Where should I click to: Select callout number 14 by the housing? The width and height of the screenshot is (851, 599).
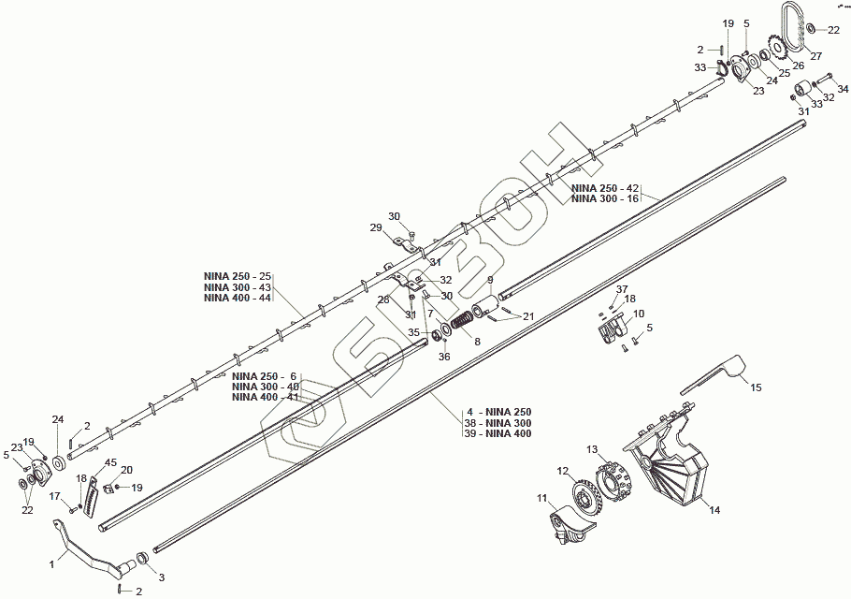click(x=714, y=510)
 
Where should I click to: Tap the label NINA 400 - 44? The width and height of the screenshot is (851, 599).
click(x=237, y=298)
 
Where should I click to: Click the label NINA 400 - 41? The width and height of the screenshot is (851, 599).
click(x=265, y=397)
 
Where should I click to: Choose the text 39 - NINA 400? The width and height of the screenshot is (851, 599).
click(x=498, y=433)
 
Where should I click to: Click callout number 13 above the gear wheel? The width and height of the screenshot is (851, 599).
click(x=591, y=450)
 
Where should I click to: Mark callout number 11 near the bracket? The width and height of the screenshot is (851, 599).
click(x=541, y=498)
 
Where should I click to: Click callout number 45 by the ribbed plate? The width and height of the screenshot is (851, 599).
click(x=110, y=462)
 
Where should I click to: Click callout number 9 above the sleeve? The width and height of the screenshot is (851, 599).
click(x=489, y=280)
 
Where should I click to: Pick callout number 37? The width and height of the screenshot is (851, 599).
click(x=622, y=288)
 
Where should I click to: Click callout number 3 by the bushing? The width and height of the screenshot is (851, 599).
click(x=160, y=577)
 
